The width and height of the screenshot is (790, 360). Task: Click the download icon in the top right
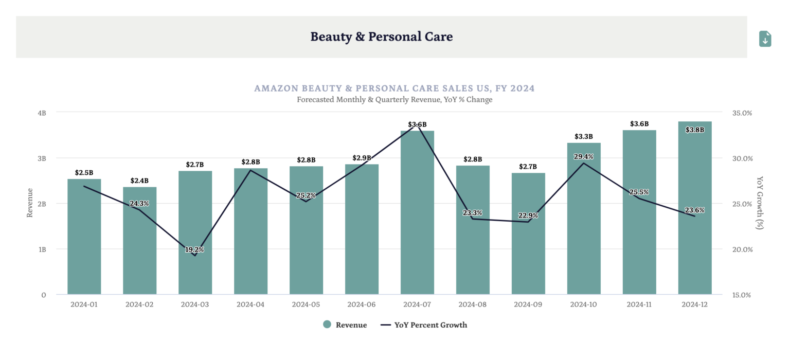click(765, 39)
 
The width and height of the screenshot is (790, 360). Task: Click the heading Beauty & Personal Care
click(381, 37)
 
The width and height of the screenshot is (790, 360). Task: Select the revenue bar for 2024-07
click(417, 216)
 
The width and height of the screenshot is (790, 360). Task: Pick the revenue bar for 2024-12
click(694, 216)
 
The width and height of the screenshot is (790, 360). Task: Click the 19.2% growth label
click(194, 249)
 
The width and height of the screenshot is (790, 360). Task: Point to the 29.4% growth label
click(584, 156)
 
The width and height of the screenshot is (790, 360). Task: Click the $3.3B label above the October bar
click(584, 137)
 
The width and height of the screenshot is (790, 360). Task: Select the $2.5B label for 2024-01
click(84, 173)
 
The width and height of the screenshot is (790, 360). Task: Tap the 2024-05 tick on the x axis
click(306, 304)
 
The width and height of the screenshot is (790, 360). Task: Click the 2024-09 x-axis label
click(528, 304)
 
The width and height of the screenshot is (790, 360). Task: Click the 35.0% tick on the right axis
click(741, 113)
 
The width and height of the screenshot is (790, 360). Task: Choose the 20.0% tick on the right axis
click(741, 249)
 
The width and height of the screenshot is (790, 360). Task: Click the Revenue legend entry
click(345, 325)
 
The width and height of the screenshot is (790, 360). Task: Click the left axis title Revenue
click(30, 203)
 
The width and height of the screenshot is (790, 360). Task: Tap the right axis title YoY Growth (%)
click(760, 203)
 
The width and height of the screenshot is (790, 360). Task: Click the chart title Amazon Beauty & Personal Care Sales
click(394, 88)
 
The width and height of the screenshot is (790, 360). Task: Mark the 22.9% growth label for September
click(528, 215)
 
